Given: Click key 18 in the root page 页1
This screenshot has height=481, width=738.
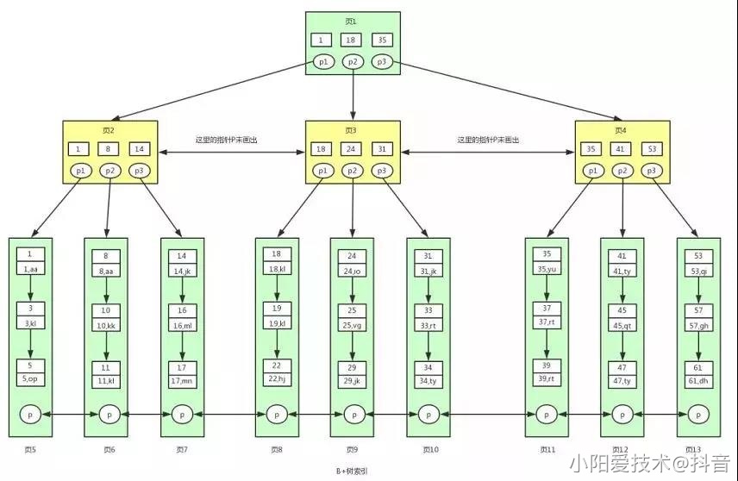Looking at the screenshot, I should point(351,40).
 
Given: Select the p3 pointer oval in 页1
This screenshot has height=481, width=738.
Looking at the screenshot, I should point(380,62).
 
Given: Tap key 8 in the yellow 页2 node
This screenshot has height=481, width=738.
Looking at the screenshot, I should point(110,149).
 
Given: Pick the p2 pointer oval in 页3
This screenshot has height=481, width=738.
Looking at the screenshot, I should point(352,171).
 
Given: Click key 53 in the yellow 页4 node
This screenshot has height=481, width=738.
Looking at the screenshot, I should point(652,149).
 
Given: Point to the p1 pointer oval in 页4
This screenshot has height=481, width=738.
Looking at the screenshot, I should point(593,171).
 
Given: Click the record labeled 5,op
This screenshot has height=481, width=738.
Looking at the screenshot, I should point(30,379).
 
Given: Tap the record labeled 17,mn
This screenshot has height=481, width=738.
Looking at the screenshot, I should point(182,379).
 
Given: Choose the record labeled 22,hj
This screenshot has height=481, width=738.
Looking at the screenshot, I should point(277,379).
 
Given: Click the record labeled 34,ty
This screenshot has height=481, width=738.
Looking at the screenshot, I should point(428,379).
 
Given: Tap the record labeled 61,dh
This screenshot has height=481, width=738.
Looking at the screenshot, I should point(698,379).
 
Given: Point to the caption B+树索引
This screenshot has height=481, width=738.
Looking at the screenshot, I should point(353,472).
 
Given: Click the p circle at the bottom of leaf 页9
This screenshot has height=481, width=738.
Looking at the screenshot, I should point(353,415).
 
